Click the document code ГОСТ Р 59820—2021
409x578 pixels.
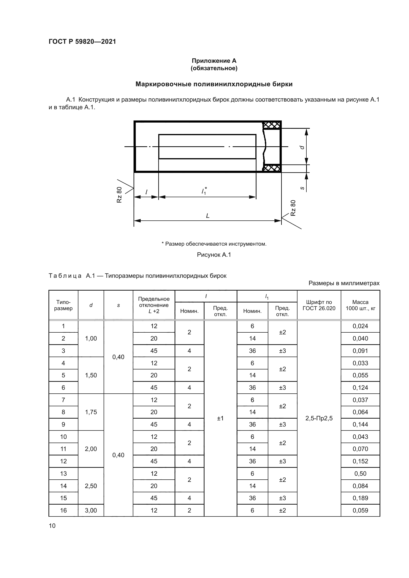point(82,42)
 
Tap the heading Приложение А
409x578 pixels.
point(214,61)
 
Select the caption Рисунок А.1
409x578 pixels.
point(214,255)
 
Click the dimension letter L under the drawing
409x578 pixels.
point(207,216)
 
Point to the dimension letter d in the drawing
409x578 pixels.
point(302,147)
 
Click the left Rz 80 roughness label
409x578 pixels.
point(119,194)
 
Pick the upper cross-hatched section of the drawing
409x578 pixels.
point(272,125)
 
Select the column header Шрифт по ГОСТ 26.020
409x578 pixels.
point(319,305)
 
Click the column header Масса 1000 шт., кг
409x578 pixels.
point(360,305)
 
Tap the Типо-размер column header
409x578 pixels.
point(63,305)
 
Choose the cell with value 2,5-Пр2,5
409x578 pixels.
point(319,418)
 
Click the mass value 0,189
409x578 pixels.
point(360,498)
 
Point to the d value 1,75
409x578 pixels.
point(91,412)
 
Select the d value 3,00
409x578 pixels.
point(91,510)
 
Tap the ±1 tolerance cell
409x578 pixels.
point(220,418)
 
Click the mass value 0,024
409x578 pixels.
point(360,326)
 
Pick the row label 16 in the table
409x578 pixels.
point(63,510)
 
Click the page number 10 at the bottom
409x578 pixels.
point(52,526)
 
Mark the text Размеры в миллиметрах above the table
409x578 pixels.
point(344,283)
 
